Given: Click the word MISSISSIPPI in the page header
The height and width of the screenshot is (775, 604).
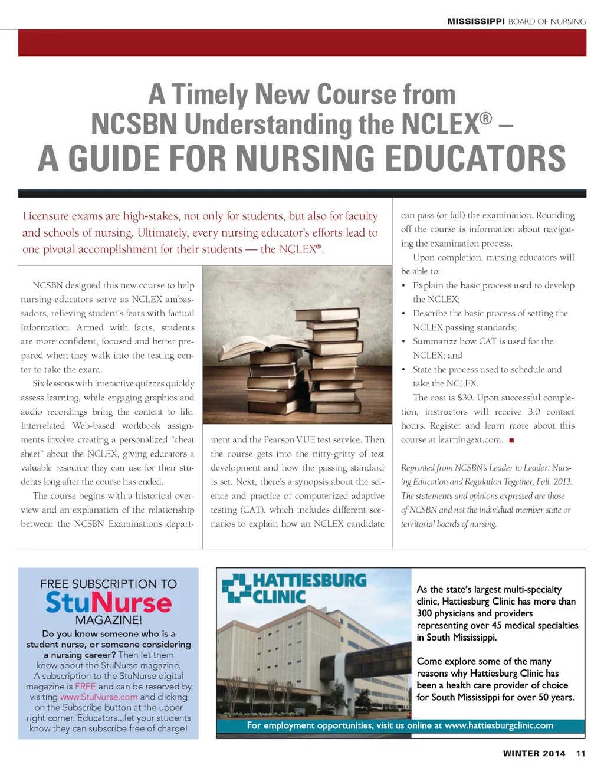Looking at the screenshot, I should pyautogui.click(x=475, y=22).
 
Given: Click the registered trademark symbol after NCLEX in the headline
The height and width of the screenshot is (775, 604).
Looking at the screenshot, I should pyautogui.click(x=485, y=118).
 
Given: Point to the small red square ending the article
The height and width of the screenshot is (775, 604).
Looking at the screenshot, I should pyautogui.click(x=511, y=441).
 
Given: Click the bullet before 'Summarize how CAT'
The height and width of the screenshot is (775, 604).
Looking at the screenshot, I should pyautogui.click(x=403, y=341).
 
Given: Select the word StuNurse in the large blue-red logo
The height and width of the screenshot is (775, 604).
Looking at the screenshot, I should pyautogui.click(x=109, y=603).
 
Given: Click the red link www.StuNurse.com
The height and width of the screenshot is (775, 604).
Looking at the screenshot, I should pyautogui.click(x=99, y=697).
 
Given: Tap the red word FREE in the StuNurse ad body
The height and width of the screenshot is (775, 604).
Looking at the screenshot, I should pyautogui.click(x=85, y=687).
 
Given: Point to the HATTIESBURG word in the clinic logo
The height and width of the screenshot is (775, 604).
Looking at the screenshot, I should pyautogui.click(x=309, y=581).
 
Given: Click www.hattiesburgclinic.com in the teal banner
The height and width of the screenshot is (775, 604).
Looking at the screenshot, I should pyautogui.click(x=498, y=725).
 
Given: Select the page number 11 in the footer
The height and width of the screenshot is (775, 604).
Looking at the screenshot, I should pyautogui.click(x=581, y=753).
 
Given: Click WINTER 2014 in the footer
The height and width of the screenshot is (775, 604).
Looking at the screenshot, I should pyautogui.click(x=534, y=753).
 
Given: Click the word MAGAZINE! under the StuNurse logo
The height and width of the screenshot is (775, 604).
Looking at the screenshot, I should pyautogui.click(x=109, y=620).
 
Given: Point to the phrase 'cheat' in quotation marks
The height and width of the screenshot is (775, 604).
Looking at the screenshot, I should pyautogui.click(x=183, y=440).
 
